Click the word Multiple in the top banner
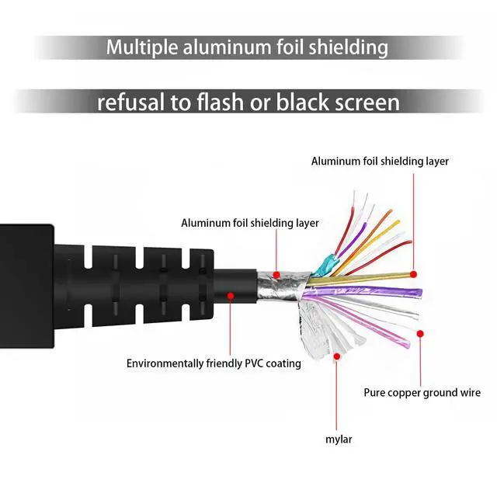(142, 47)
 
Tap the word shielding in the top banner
(349, 47)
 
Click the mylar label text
(339, 440)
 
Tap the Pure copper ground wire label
(422, 393)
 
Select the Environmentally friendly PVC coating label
(214, 363)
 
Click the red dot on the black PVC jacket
(231, 296)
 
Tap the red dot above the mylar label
(337, 356)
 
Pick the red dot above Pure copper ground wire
(420, 333)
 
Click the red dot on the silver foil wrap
(276, 275)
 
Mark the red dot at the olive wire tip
(413, 274)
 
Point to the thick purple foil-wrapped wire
(364, 292)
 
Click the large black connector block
(26, 286)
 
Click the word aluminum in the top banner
(227, 47)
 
